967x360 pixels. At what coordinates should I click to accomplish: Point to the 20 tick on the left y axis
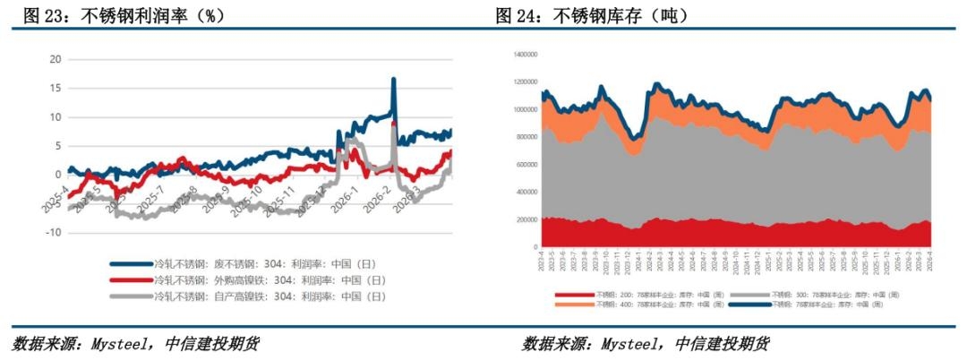[x=55, y=59]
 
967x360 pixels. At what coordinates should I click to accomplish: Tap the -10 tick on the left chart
[x=53, y=233]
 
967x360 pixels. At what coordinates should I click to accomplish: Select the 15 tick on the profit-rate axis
[x=55, y=88]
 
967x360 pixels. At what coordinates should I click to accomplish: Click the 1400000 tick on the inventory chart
[x=522, y=54]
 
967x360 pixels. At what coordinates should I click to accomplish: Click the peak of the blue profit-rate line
[x=393, y=80]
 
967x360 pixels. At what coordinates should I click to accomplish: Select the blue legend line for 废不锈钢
[x=131, y=264]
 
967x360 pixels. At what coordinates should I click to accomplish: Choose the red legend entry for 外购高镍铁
[x=131, y=279]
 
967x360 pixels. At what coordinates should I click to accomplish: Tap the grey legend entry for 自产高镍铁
[x=131, y=295]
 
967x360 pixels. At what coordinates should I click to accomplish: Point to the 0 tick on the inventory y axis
[x=534, y=247]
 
